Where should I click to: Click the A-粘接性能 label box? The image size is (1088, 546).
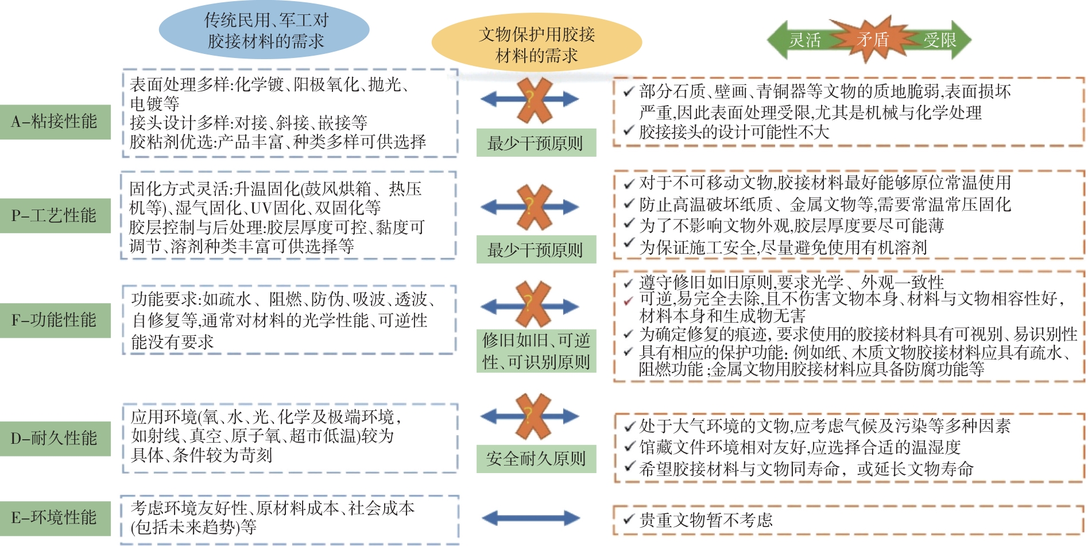[x=55, y=122]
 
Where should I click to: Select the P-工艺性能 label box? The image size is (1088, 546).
[x=55, y=215]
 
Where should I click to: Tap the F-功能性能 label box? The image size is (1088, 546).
[x=55, y=320]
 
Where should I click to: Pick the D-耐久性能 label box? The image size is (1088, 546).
[x=55, y=438]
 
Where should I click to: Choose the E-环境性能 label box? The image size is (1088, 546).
[x=55, y=517]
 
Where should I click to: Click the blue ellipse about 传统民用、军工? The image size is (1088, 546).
[x=264, y=31]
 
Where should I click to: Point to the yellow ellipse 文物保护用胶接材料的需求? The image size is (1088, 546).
[x=536, y=45]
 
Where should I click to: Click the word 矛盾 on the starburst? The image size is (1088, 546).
[x=873, y=39]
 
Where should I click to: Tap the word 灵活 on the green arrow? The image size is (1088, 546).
[x=805, y=40]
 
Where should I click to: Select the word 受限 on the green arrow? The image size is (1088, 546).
[x=940, y=40]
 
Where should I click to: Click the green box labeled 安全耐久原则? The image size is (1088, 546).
[x=536, y=459]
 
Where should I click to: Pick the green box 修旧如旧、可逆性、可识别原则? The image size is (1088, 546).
[x=536, y=351]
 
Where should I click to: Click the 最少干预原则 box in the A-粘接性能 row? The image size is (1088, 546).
[x=536, y=143]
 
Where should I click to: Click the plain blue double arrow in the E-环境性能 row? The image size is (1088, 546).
[x=531, y=518]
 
